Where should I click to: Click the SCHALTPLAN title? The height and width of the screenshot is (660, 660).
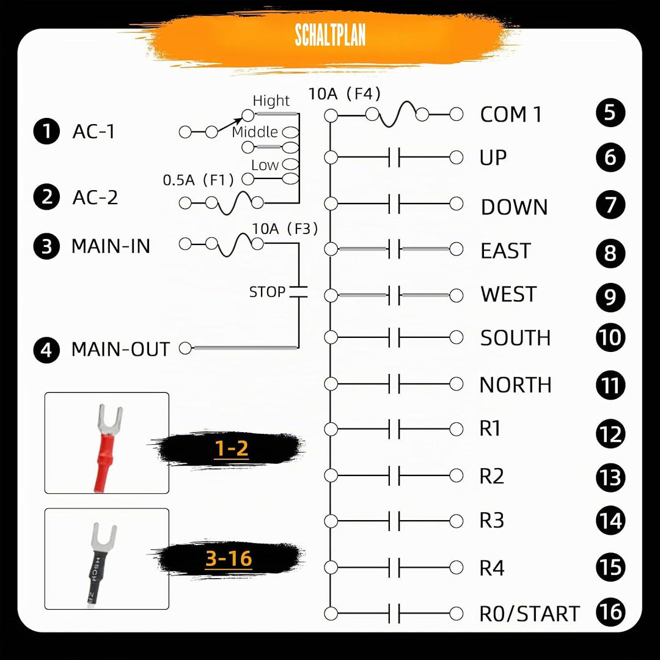coord(330,35)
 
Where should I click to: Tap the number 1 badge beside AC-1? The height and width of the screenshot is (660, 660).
coord(46,131)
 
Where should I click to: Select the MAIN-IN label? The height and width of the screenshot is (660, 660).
coord(111,246)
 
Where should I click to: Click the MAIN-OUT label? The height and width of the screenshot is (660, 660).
coord(121,350)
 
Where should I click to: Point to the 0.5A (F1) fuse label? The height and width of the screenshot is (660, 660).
coord(198,180)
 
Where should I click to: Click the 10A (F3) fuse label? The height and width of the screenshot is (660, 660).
coord(285,229)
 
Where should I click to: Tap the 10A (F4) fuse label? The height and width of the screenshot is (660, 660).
coord(344,94)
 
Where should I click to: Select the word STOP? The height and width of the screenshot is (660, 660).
coord(267,291)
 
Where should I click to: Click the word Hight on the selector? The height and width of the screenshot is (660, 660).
coord(271,101)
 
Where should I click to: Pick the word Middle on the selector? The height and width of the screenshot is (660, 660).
coord(255,132)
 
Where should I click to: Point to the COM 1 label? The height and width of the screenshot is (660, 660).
coord(511,114)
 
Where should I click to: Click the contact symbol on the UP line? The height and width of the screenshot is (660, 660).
coord(394,158)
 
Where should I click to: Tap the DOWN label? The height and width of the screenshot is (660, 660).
coord(515,207)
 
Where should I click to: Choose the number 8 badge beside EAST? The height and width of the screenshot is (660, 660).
coord(610,253)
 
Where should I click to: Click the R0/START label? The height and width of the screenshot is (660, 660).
coord(530,614)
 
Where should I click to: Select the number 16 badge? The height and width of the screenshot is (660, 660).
coord(610,612)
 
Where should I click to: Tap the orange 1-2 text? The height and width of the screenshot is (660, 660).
coord(231,449)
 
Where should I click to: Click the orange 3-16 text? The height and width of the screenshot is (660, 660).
coord(229,559)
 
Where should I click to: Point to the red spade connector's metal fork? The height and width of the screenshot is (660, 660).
coord(109,420)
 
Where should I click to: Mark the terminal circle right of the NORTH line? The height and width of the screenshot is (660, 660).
coord(457,384)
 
